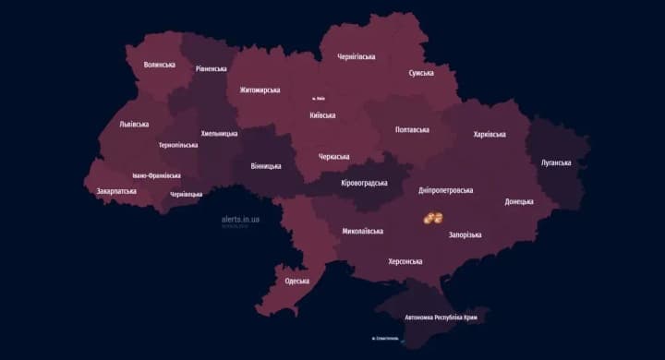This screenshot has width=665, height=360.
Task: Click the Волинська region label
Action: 160,65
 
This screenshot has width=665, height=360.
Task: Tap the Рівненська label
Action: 212,68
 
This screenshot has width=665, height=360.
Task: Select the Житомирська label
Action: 260,90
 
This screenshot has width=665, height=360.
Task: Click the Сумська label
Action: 421,73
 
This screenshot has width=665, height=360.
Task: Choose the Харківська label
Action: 489,134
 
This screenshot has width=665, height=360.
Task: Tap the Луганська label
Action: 556,162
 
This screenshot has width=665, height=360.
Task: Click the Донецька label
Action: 519,201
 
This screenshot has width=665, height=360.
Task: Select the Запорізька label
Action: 465,235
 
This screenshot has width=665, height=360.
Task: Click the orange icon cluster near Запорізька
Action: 432,218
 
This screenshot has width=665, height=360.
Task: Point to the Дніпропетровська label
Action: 445,190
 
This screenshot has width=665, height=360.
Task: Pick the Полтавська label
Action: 412,130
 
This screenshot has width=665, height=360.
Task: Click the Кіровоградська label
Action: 364,183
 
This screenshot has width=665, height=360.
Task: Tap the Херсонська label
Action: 404,261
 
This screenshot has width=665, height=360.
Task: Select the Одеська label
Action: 296,281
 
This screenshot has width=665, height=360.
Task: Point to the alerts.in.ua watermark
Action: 240,220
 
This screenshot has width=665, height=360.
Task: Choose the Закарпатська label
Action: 116,191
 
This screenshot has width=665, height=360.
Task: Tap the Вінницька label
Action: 266,166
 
